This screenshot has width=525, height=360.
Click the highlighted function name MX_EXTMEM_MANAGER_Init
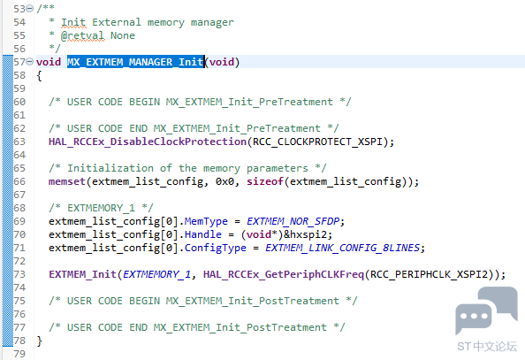click(135, 62)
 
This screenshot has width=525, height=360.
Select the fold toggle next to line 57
click(30, 61)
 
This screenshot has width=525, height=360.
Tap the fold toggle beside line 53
click(30, 8)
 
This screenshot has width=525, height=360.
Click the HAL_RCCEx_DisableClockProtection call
click(148, 142)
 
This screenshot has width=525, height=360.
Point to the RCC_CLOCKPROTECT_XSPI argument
click(317, 142)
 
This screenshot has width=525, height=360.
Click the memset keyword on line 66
click(67, 181)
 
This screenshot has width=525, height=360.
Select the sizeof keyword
click(265, 181)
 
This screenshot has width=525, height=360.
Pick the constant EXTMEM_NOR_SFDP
click(293, 221)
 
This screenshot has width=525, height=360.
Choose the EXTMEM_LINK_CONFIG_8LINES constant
click(342, 248)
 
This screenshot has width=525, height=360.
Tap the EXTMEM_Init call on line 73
click(83, 274)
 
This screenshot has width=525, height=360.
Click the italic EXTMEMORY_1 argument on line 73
click(157, 274)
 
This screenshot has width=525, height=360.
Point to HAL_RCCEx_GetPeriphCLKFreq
click(284, 274)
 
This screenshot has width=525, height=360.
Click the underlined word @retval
click(83, 35)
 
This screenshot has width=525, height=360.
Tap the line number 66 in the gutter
click(19, 181)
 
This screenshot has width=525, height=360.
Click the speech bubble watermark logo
click(486, 310)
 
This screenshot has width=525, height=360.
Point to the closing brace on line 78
click(40, 341)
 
